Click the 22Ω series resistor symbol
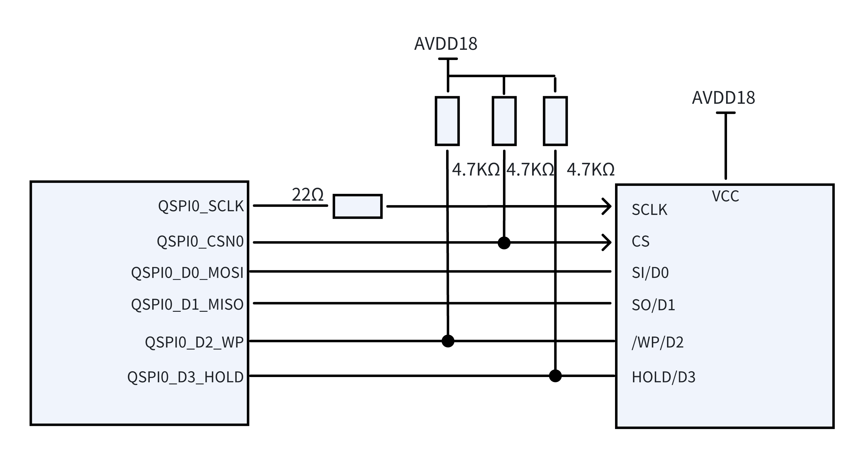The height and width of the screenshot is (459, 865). coord(357,206)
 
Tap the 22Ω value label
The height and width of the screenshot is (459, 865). coord(307,195)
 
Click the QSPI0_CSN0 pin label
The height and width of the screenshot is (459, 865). coord(200,242)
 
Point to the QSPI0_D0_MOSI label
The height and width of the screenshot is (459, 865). coord(187,272)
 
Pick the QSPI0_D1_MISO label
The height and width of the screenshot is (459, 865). coord(187,305)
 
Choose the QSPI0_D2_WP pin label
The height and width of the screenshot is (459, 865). coord(194,342)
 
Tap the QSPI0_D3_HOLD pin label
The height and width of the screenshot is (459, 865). coord(185,377)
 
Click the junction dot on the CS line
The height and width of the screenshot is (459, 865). coord(504,243)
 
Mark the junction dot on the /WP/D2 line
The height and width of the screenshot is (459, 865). coord(448,341)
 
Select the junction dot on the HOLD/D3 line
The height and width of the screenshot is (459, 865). coord(555,376)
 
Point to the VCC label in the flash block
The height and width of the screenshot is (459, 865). coord(725,196)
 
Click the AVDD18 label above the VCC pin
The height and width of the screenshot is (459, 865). coord(723,98)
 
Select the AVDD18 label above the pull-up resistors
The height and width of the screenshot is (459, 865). coord(445,44)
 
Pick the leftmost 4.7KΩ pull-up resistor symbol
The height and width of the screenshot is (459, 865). coord(447,121)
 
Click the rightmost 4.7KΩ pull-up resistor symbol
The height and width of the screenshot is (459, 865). coord(555,121)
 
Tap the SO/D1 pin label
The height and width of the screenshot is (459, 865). coord(653,305)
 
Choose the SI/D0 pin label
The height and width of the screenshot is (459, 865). coord(650,272)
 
